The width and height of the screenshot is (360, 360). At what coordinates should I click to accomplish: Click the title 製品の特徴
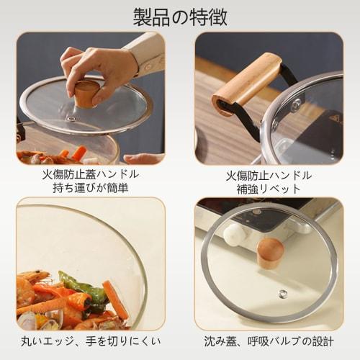180,16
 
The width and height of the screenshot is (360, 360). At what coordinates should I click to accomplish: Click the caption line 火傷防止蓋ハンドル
91,174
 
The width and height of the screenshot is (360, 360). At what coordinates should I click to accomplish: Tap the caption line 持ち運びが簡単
91,189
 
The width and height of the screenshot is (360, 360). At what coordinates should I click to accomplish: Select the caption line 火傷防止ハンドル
269,174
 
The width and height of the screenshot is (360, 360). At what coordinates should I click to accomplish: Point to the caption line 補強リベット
269,189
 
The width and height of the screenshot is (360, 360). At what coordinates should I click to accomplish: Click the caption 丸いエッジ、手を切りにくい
91,341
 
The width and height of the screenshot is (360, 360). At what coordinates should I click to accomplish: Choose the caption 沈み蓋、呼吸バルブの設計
269,341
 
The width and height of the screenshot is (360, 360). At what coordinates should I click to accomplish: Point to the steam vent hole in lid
283,293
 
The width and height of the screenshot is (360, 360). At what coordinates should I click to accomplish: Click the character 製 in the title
142,16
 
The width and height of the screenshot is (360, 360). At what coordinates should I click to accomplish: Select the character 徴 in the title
218,16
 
